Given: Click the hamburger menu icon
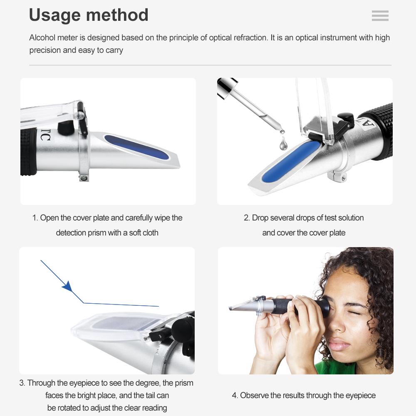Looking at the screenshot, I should [x=380, y=16].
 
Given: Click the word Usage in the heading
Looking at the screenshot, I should [x=56, y=15].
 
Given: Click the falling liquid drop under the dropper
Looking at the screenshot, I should [x=284, y=144].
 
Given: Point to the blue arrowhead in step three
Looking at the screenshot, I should [x=67, y=286].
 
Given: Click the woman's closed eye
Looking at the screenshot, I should [x=353, y=312].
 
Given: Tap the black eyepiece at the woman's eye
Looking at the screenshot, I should [x=323, y=307].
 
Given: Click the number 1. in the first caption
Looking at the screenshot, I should [x=35, y=218].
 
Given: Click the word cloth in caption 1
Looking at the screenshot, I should [x=150, y=233].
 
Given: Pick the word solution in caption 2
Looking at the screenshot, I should [x=347, y=218].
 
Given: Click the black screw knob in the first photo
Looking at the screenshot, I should [x=65, y=127].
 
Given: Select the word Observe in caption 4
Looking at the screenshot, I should [x=255, y=396].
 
